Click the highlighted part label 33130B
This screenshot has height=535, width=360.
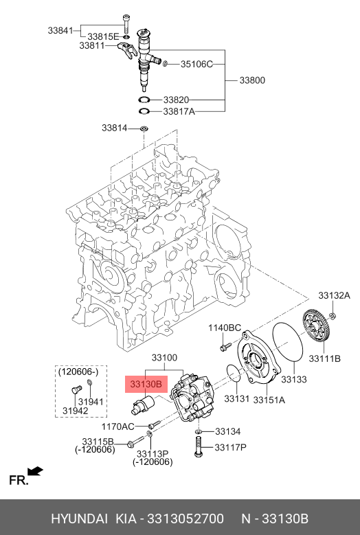point(146,384)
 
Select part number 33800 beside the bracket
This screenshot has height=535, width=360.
point(252,80)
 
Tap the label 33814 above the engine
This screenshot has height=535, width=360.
point(114,128)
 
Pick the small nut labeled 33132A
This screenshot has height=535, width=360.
point(333,315)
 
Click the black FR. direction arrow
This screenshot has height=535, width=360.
point(35,471)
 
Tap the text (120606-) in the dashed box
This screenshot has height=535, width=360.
point(78,372)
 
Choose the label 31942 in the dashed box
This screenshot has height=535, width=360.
point(75,411)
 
